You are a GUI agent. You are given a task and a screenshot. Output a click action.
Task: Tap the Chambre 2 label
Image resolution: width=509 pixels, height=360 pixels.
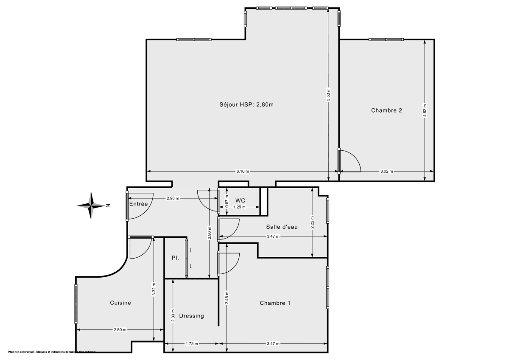pos(386,110)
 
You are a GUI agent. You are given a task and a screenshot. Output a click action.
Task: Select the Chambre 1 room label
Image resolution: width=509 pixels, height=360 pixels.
pos(275,303)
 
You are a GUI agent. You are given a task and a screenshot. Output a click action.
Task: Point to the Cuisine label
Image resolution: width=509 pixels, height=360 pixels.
pos(120,303)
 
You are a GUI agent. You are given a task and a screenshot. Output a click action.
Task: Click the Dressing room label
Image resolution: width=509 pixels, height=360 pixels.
pos(191,316)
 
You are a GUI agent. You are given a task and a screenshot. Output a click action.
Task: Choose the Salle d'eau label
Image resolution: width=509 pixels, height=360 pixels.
pos(282,227)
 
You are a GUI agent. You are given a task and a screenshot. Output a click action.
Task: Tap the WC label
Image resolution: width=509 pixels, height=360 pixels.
pos(240,200)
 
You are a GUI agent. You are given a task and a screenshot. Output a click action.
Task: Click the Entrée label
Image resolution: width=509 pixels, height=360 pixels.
pos(138,204)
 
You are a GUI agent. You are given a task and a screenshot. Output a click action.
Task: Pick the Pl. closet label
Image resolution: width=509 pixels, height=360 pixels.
pos(175,258)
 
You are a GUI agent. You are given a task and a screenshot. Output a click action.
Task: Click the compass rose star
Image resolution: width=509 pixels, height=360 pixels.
pos(91,206)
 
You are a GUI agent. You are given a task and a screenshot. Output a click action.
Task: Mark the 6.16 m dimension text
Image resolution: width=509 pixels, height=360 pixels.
pos(243,172)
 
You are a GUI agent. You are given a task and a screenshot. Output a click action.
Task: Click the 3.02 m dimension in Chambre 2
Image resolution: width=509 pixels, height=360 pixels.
pos(386,172)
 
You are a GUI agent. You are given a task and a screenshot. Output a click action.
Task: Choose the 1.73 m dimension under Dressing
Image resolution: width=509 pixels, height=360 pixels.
pos(192,344)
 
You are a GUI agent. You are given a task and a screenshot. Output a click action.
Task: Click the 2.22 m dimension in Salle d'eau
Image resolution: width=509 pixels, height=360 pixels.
pos(312,222)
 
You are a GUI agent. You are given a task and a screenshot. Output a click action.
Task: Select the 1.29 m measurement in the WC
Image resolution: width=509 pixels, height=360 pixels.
pos(240,207)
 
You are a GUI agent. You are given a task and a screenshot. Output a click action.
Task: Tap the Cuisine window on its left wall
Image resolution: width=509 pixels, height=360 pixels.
pos(76,304)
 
